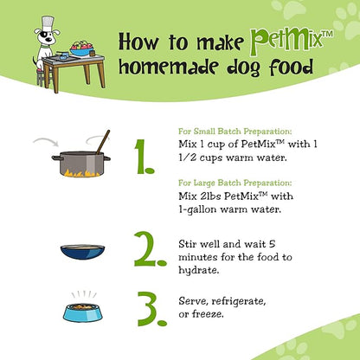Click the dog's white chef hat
48,23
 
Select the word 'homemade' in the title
168,67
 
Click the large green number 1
145,157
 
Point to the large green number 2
150,248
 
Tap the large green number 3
152,309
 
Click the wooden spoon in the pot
103,142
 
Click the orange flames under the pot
81,173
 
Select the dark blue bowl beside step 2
82,252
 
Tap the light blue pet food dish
83,312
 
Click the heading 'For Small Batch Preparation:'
235,132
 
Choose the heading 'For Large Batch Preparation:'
235,183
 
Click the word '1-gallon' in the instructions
197,209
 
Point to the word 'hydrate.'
199,270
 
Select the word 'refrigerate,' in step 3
239,301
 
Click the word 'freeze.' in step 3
208,314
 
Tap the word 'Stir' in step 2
188,244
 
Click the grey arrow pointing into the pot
46,141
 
